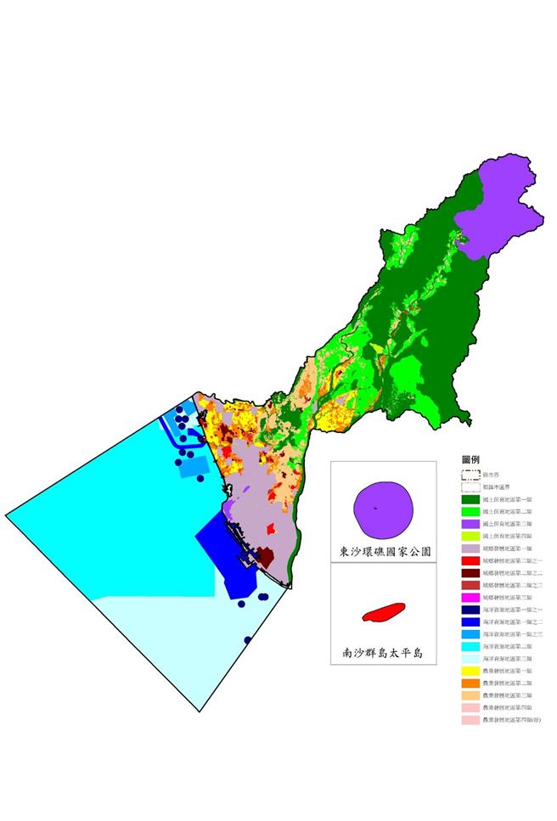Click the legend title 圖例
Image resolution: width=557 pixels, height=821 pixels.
click(470, 458)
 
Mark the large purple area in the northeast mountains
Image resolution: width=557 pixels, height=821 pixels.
click(497, 208)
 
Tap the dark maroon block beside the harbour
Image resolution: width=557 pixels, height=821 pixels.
click(265, 557)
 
